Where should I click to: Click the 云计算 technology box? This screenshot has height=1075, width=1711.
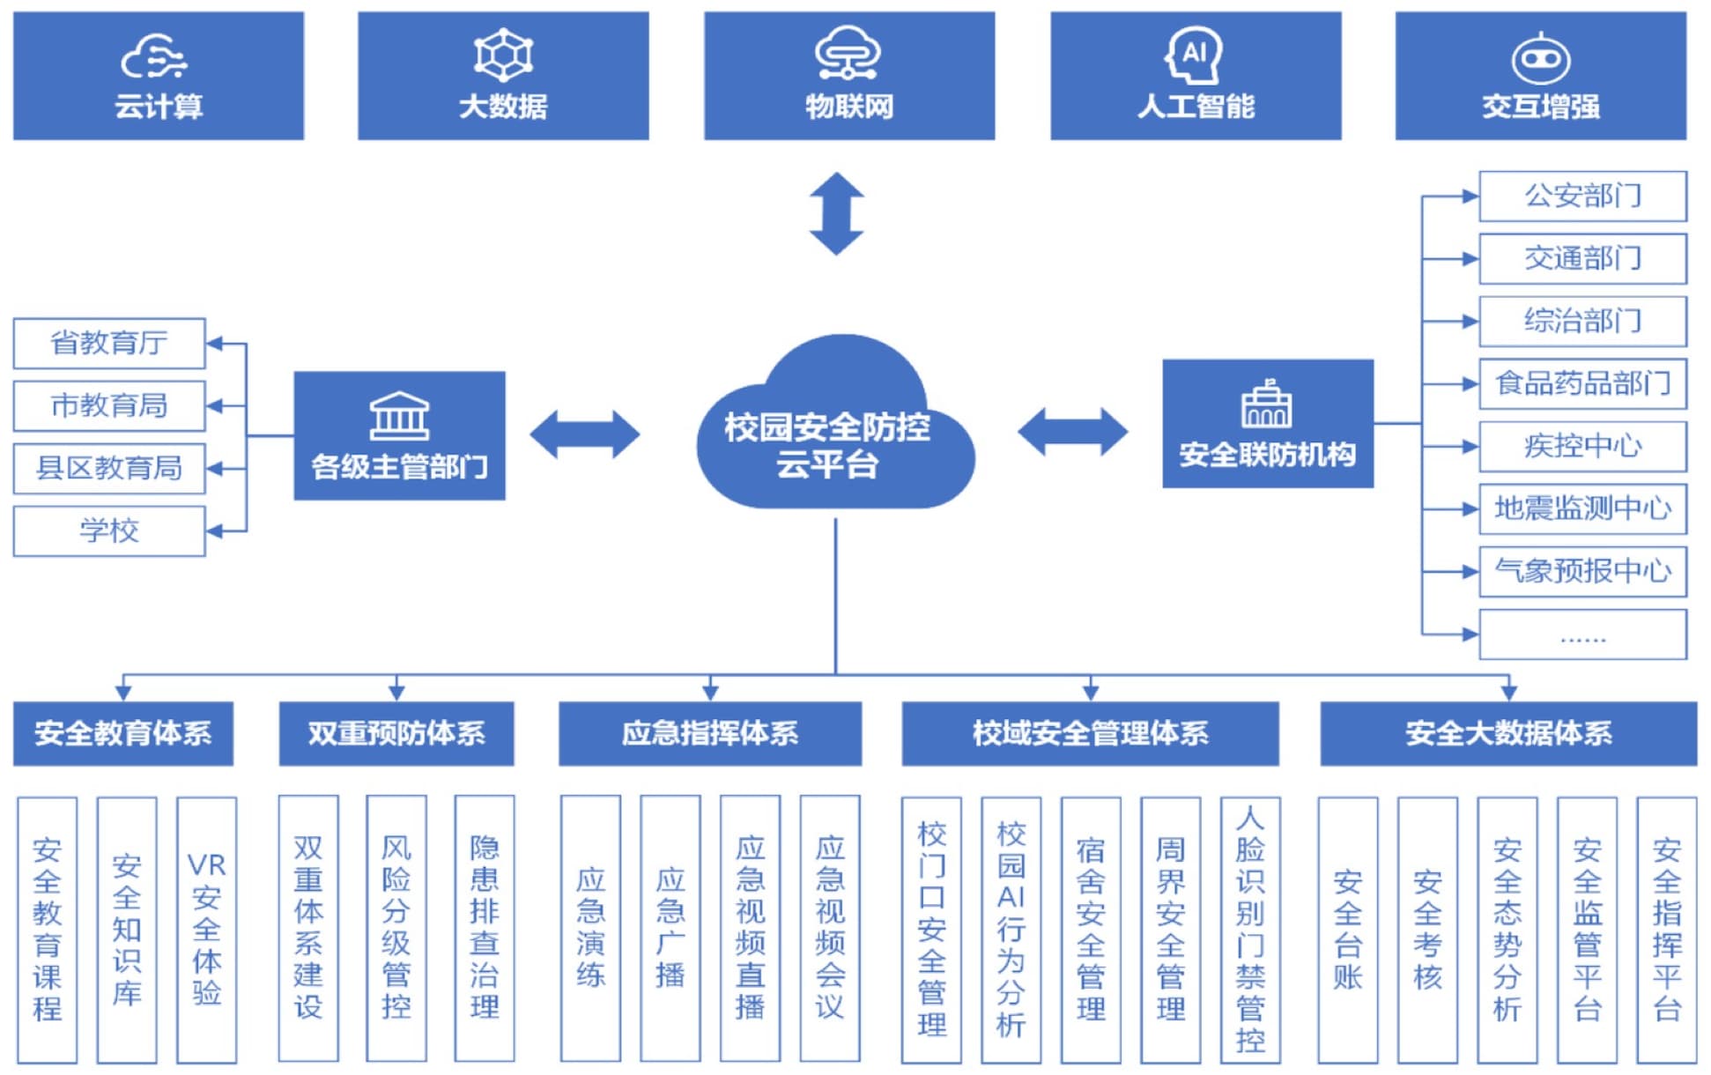click(159, 76)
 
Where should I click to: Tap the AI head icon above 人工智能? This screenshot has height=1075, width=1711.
click(1195, 55)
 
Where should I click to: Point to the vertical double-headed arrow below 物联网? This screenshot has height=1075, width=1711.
click(836, 213)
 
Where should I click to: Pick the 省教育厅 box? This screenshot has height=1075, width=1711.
click(109, 343)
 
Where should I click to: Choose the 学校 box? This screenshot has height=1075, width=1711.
click(109, 530)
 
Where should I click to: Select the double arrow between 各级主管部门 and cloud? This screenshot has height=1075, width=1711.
click(584, 434)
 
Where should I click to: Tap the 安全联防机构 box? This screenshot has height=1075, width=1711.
click(1267, 424)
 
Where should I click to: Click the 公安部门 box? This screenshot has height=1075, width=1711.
click(1582, 196)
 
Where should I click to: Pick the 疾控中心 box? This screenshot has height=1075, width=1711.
click(1582, 446)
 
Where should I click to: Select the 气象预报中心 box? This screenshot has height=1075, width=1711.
click(1582, 571)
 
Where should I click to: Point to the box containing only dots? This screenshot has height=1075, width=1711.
click(1582, 634)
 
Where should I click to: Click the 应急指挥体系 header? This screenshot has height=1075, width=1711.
click(709, 733)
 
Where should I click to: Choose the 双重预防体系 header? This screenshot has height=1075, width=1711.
click(396, 733)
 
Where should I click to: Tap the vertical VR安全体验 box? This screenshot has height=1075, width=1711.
click(206, 930)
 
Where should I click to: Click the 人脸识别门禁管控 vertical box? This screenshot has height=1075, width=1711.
click(1249, 930)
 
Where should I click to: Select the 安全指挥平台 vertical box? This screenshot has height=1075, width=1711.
click(1666, 930)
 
